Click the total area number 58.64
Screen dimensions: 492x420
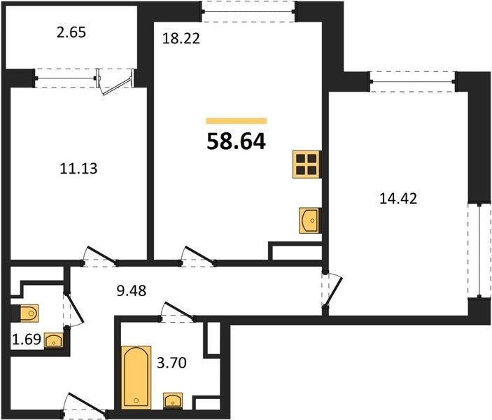pos(237,141)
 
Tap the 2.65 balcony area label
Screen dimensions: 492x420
pos(71,32)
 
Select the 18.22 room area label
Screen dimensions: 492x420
pos(181,38)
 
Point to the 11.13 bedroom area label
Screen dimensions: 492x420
pos(79,169)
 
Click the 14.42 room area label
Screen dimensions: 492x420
pos(398,198)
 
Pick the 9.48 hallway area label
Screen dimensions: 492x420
pos(132,291)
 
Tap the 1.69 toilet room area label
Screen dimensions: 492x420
pos(27,339)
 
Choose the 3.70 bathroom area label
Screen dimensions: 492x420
pos(171,363)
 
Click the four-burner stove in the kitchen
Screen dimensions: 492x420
pos(307,164)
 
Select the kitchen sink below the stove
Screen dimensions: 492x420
pos(310,220)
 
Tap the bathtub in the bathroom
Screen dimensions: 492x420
pos(136,377)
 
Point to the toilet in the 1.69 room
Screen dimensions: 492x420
pos(27,313)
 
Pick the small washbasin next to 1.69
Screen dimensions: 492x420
pos(54,340)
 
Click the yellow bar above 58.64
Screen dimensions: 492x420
pos(237,121)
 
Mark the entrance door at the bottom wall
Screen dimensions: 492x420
pos(85,405)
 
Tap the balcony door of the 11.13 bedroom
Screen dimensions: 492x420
pos(116,81)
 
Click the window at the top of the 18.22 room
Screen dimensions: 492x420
pos(248,12)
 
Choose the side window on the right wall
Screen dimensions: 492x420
pos(479,250)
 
